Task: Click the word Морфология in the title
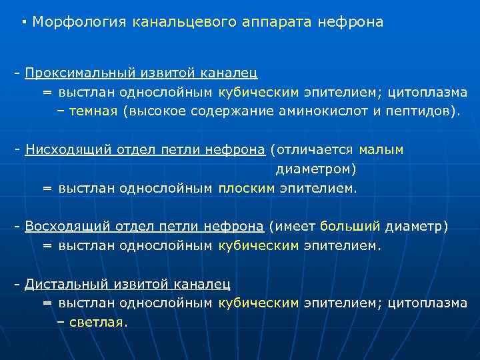coord(79,22)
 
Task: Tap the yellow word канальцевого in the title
coord(175,22)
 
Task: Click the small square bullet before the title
coord(24,21)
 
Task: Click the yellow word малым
coord(381,150)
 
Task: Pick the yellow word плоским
coord(246,189)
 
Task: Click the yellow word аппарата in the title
coord(272,22)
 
